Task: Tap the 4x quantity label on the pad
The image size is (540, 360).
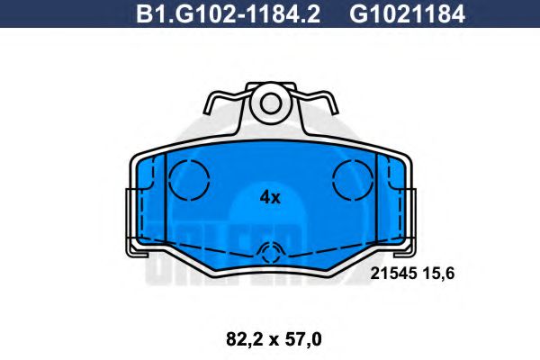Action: [x=270, y=197]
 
